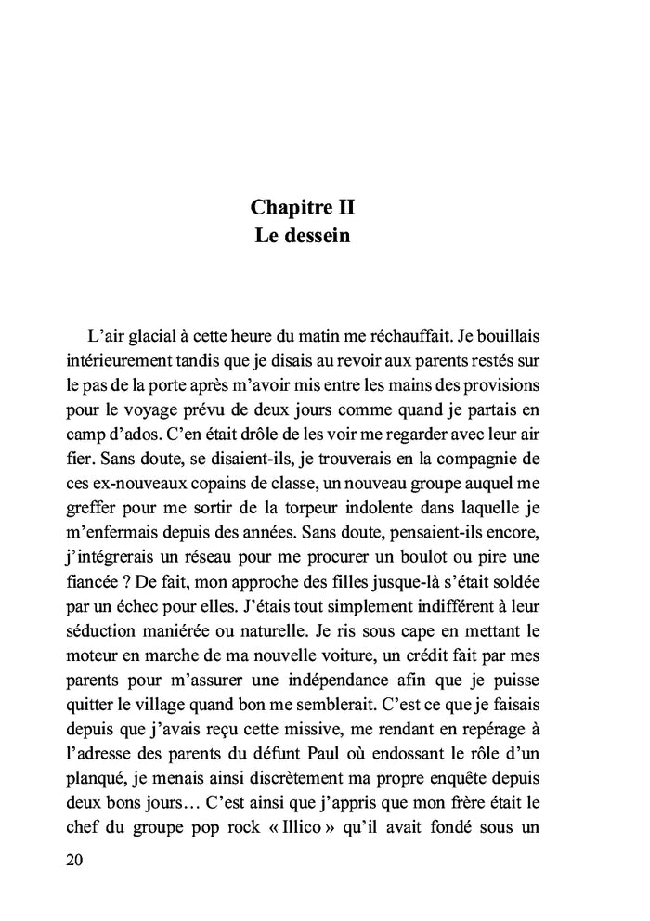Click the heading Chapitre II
click(x=303, y=205)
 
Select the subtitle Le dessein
click(x=303, y=236)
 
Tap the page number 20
click(x=76, y=860)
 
